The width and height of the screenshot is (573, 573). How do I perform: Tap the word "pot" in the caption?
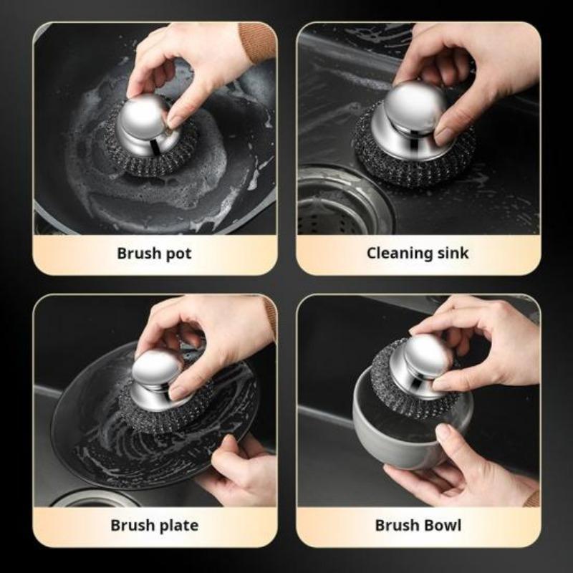(179, 254)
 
